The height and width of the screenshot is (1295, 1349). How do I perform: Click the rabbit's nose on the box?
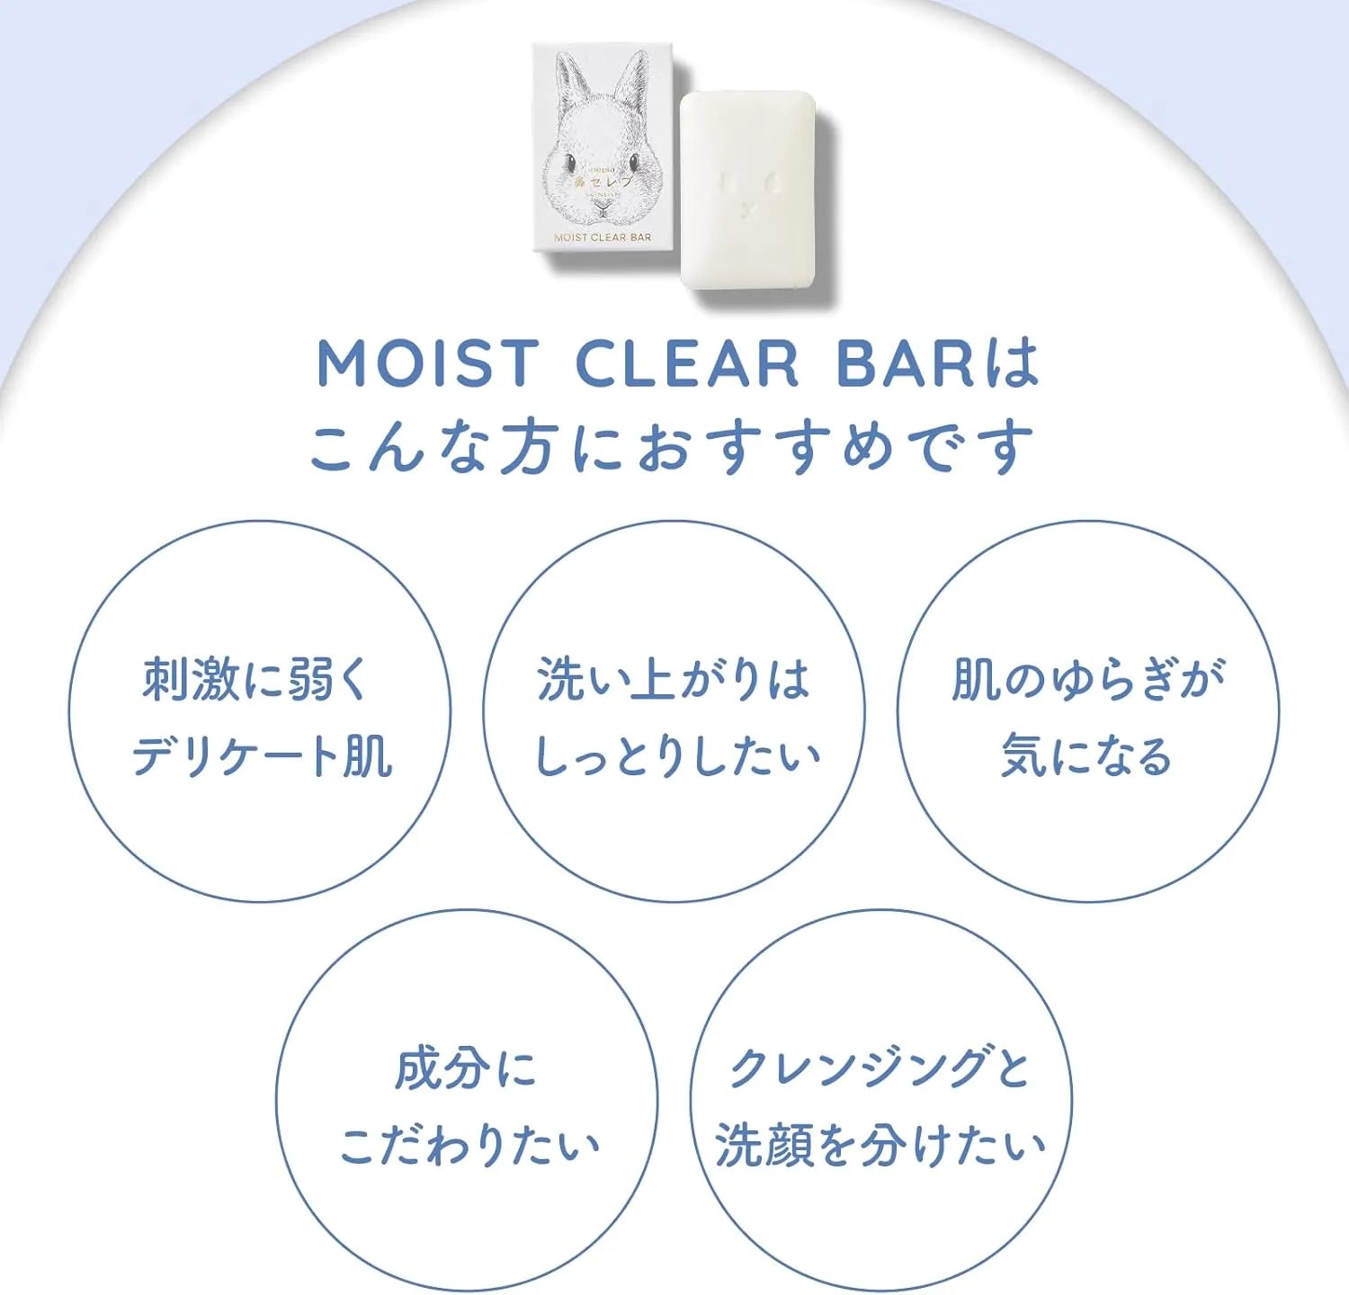pyautogui.click(x=603, y=206)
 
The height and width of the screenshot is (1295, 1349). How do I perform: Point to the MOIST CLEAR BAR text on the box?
pyautogui.click(x=603, y=237)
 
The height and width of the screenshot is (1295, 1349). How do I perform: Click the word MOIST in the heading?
pyautogui.click(x=427, y=364)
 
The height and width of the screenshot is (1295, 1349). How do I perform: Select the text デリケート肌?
pyautogui.click(x=261, y=755)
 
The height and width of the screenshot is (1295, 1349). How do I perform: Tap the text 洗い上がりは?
pyautogui.click(x=674, y=679)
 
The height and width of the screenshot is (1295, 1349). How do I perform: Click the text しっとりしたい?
pyautogui.click(x=677, y=755)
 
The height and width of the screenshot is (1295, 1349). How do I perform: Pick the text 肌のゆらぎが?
pyautogui.click(x=1088, y=679)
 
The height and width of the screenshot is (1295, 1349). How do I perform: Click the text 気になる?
pyautogui.click(x=1086, y=755)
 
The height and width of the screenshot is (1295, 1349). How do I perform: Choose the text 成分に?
pyautogui.click(x=466, y=1069)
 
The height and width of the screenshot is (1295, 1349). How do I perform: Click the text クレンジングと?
pyautogui.click(x=879, y=1069)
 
